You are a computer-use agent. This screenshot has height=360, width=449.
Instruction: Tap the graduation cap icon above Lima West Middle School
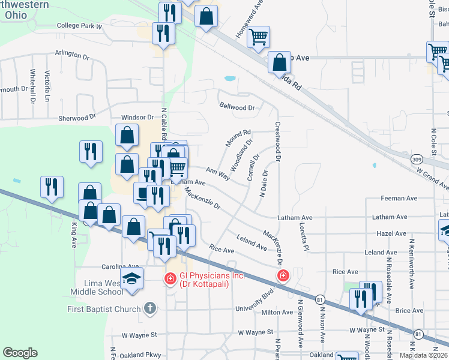coord(131,278)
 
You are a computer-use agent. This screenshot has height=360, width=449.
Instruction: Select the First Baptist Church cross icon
coord(150,309)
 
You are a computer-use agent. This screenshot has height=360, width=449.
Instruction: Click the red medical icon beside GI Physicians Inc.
coord(170,278)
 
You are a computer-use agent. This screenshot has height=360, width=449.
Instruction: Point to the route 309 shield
coord(417,160)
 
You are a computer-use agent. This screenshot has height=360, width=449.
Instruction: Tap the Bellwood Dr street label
coord(237,108)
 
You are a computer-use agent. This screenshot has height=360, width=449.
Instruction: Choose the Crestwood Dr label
coord(278,143)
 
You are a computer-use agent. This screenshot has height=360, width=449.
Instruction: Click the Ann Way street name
coord(218,174)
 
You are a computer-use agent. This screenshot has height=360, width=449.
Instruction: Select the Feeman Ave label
coord(399,199)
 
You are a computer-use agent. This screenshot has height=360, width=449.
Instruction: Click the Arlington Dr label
coord(72,54)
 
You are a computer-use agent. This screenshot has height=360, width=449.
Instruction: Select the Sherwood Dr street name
coord(77,118)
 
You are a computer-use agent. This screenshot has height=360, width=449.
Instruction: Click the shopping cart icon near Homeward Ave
coord(258,37)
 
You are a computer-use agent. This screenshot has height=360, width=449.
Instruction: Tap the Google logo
coord(20,353)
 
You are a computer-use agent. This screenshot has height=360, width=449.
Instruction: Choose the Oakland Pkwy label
coord(140,355)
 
